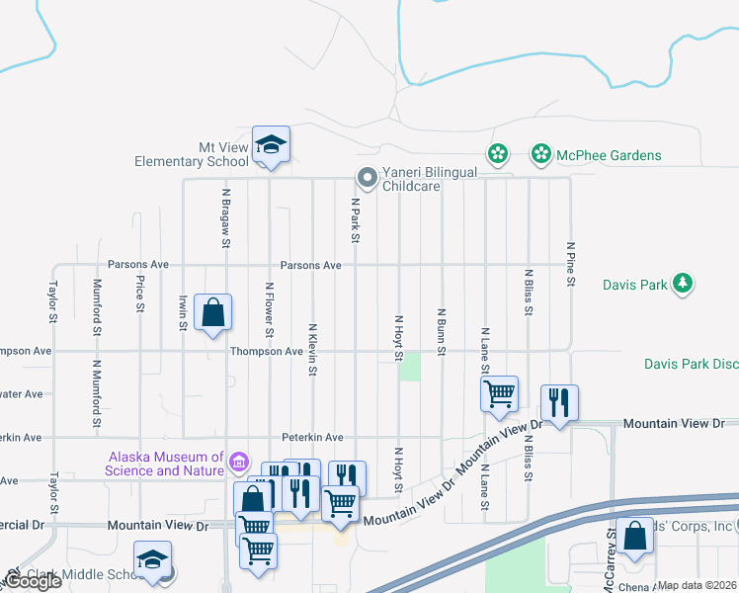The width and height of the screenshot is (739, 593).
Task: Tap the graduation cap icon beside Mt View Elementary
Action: click(271, 145)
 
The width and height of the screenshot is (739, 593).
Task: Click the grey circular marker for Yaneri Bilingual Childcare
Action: click(367, 178)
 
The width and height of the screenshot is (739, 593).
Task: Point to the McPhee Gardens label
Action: click(609, 155)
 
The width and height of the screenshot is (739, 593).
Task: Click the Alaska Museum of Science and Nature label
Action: click(165, 464)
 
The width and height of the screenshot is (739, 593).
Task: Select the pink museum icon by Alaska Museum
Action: click(237, 462)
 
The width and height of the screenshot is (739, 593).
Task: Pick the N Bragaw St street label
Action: click(226, 218)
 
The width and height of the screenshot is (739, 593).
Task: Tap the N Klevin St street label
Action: click(312, 350)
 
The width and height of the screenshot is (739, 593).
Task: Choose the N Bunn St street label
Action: click(441, 331)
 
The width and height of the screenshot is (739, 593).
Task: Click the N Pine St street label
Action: click(570, 264)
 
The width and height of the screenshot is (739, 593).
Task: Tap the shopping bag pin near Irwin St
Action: click(212, 313)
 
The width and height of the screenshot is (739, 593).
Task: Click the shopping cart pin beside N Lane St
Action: click(500, 393)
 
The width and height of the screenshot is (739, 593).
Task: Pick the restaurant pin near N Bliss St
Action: click(558, 403)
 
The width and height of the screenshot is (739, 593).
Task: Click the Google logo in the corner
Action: click(32, 581)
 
